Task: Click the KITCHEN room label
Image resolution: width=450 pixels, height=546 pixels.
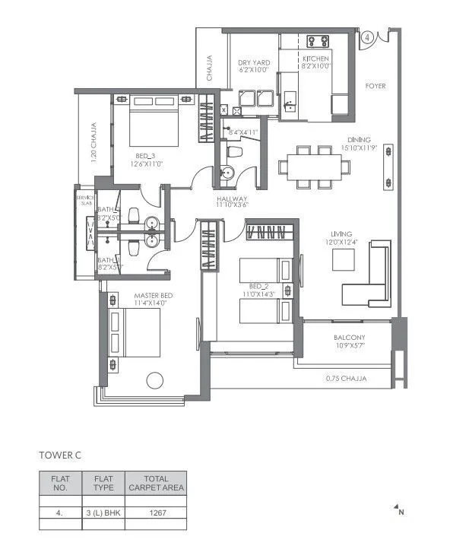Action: tap(315, 59)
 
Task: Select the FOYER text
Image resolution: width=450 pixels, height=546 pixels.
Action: tap(376, 86)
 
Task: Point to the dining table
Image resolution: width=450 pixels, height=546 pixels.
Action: tap(309, 167)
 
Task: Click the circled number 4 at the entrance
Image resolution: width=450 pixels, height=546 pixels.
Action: tap(367, 36)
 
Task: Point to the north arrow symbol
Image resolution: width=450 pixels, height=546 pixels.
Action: tap(397, 509)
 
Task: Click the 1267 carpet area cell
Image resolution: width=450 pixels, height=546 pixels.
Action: tap(156, 513)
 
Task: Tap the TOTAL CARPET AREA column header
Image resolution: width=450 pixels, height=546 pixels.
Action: tap(156, 482)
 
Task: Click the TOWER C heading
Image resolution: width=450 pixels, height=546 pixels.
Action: tap(59, 455)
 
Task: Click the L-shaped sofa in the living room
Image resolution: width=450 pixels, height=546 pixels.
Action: tap(366, 279)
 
